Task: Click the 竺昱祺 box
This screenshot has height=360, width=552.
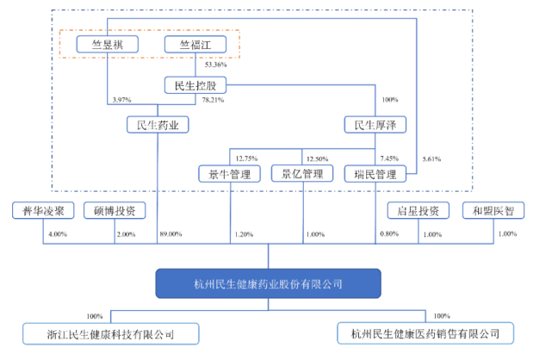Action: click(x=108, y=44)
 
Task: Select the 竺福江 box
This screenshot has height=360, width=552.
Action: click(x=195, y=44)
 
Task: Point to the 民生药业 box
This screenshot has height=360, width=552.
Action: click(x=158, y=126)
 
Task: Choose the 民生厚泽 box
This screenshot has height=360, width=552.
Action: click(x=375, y=126)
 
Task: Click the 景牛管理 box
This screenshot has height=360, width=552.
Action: click(x=230, y=174)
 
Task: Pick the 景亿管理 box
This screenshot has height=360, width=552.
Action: click(x=302, y=174)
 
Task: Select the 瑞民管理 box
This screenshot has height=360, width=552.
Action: click(x=375, y=174)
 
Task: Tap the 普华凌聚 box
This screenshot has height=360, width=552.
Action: click(x=44, y=211)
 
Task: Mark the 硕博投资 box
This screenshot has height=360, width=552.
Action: click(x=115, y=211)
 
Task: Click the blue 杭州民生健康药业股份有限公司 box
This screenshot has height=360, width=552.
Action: click(x=268, y=282)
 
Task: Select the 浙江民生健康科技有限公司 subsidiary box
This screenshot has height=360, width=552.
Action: click(x=110, y=333)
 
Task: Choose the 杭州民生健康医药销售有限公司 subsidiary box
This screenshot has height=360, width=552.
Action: click(x=425, y=333)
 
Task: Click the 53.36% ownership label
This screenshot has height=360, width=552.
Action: click(x=213, y=65)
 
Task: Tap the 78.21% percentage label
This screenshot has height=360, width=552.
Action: click(x=214, y=100)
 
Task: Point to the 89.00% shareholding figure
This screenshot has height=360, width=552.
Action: click(x=171, y=234)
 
